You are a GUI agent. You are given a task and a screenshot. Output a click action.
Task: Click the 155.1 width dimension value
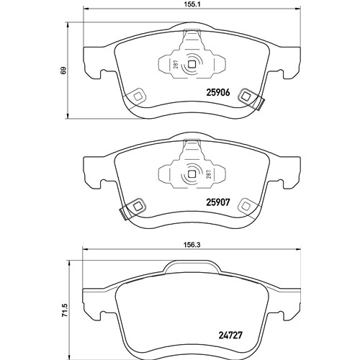[192, 4]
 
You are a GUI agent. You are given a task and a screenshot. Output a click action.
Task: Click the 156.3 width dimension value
[192, 245]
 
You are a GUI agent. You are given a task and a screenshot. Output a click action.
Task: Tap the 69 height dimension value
[63, 71]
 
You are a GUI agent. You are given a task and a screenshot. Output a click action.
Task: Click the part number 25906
[218, 93]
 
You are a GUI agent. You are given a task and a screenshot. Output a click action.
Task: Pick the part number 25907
[218, 202]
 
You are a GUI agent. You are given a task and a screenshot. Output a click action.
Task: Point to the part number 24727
[230, 335]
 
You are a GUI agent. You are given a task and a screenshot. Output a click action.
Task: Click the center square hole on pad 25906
[192, 64]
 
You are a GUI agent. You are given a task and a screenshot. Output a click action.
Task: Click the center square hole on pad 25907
[192, 174]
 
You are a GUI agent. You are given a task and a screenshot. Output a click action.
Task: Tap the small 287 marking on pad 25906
[176, 65]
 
